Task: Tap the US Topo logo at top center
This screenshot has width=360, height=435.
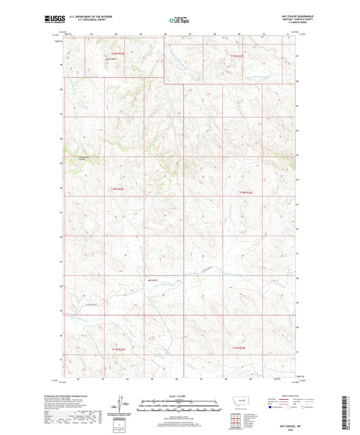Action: pos(177,21)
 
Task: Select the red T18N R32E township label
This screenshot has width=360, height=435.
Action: pos(118,189)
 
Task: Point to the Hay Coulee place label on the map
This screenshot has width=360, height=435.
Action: pos(153,279)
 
